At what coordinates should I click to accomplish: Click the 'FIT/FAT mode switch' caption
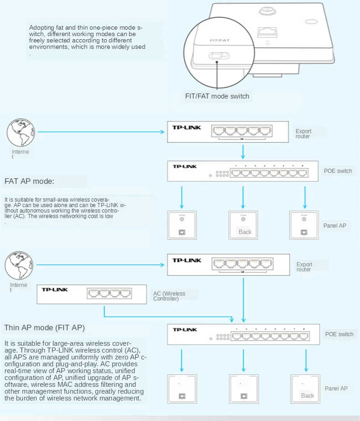pos(217,96)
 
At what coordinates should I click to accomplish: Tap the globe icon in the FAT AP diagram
pos(20,132)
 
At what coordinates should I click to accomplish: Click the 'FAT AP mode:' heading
pos(29,181)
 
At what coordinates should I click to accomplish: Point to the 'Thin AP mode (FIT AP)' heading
pos(44,327)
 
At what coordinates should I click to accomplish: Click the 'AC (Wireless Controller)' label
pos(169,296)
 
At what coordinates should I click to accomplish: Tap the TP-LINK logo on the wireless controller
pos(54,290)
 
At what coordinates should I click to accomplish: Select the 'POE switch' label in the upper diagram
pos(338,171)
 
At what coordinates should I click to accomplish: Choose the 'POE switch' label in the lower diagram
pos(339,334)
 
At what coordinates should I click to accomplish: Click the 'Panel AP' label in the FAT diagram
pos(335,226)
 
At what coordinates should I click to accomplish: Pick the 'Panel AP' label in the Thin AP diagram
pos(336,389)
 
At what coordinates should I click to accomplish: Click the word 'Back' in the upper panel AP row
pos(245,232)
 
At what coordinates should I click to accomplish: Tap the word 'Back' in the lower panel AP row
pos(308,395)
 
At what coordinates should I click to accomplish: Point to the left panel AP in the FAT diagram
pos(182,225)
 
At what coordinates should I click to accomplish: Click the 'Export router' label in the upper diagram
pos(304,134)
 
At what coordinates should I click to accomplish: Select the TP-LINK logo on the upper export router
pos(186,127)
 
